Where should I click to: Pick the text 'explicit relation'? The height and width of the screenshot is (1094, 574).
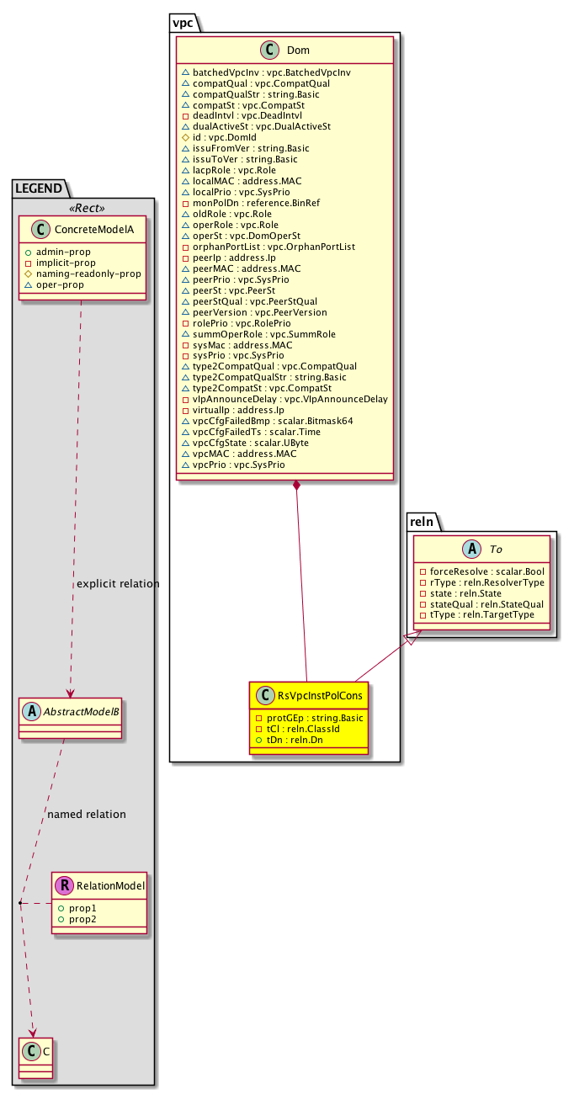[x=118, y=584]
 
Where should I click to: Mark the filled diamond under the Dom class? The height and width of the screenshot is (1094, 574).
[x=296, y=486]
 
